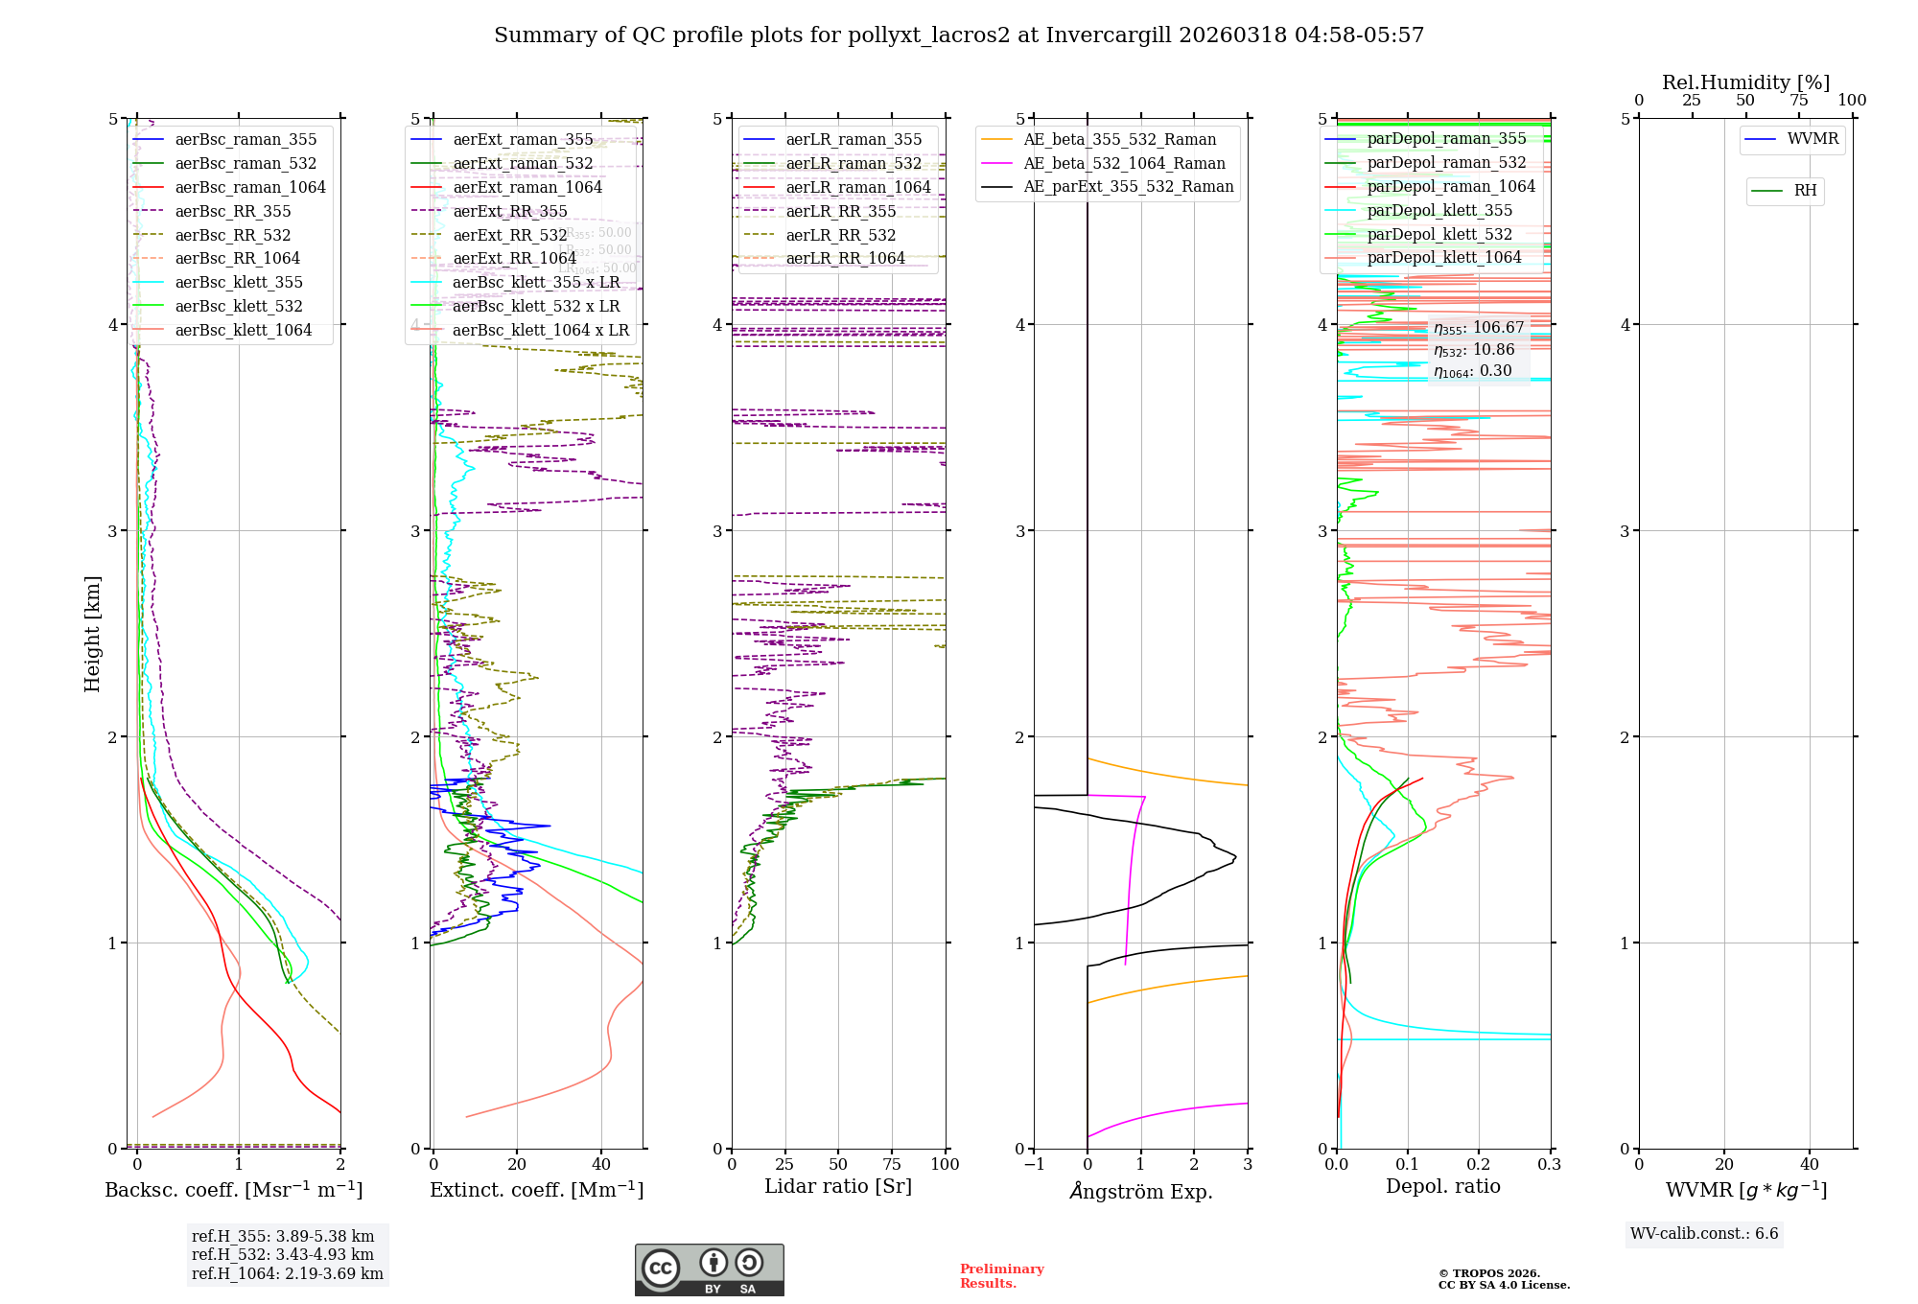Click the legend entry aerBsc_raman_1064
tap(249, 187)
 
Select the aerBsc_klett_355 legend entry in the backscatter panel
tap(238, 282)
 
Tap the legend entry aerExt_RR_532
tap(509, 235)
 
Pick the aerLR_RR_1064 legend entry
tap(845, 258)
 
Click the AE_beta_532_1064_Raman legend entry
tap(1124, 163)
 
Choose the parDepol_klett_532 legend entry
tap(1438, 234)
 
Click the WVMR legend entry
tap(1813, 139)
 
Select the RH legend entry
tap(1805, 191)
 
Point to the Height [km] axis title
tap(92, 633)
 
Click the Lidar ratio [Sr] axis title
tap(838, 1186)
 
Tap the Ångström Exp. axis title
tap(1141, 1191)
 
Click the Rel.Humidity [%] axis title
tap(1745, 82)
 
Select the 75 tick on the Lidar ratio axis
tap(892, 1164)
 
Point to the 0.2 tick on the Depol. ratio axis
tap(1479, 1164)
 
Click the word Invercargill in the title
tap(1109, 35)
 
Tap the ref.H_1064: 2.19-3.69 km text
tap(287, 1273)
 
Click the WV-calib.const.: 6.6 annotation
tap(1704, 1233)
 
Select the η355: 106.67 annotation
tap(1479, 328)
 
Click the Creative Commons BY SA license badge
tap(709, 1269)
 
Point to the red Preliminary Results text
tap(1001, 1275)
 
